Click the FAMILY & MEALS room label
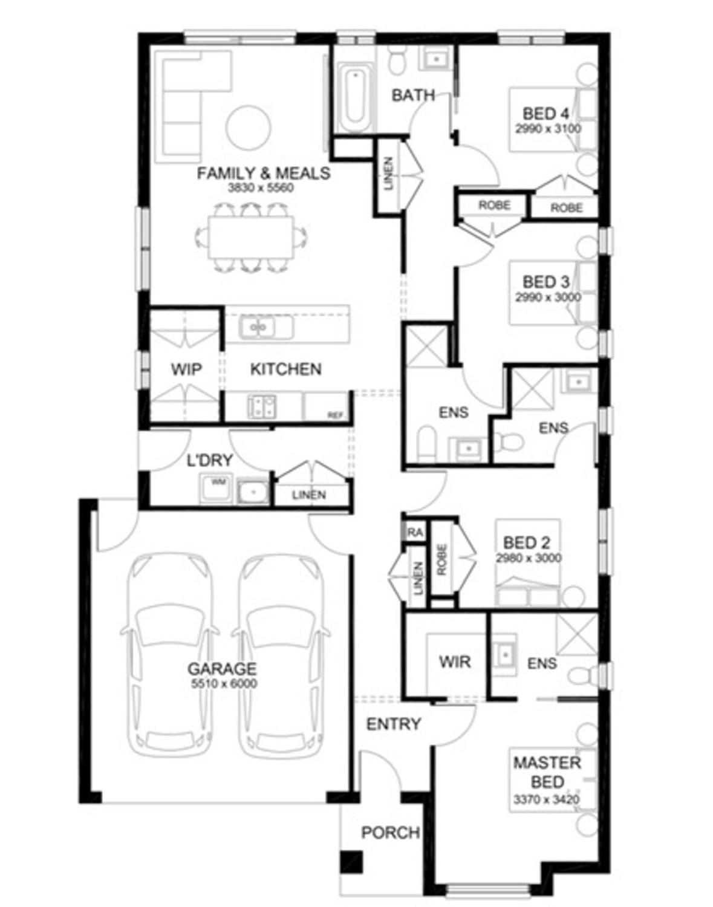pyautogui.click(x=263, y=174)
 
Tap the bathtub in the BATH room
pyautogui.click(x=354, y=99)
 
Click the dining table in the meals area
pyautogui.click(x=250, y=237)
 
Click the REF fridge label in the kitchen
pyautogui.click(x=335, y=415)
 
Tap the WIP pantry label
pyautogui.click(x=186, y=369)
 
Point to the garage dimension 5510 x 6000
pyautogui.click(x=224, y=684)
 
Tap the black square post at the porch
pyautogui.click(x=351, y=862)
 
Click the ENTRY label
pyautogui.click(x=393, y=724)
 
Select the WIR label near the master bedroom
pyautogui.click(x=454, y=662)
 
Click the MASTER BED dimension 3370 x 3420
pyautogui.click(x=546, y=799)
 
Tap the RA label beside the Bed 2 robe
pyautogui.click(x=415, y=533)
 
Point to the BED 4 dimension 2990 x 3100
pyautogui.click(x=548, y=129)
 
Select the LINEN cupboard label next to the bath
pyautogui.click(x=388, y=174)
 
